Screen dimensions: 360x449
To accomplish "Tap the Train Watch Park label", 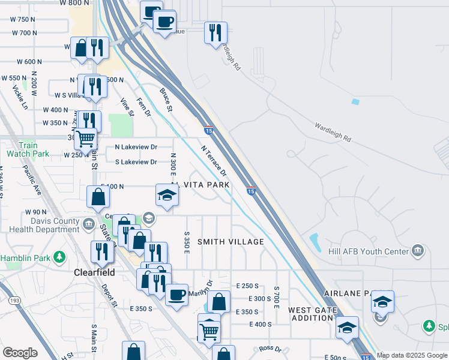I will coord(28,149).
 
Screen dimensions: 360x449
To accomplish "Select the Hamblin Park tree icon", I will coord(59,258).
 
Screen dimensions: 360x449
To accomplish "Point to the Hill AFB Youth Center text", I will coord(369,251).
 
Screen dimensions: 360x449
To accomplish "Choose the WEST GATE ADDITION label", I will coord(310,314).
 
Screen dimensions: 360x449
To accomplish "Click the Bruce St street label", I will coord(166,100).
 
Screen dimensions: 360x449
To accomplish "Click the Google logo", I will coord(19,352).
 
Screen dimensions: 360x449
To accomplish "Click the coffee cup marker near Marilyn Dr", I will coord(176,295).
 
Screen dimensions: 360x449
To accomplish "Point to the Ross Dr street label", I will coord(270,349).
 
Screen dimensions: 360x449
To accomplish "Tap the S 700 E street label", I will coord(277,298).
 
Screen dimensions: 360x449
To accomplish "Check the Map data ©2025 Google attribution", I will coord(412,355).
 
